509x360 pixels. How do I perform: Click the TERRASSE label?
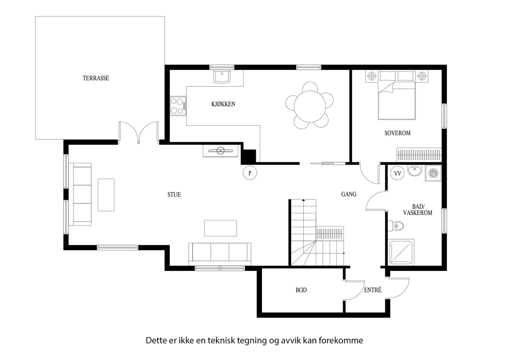pos(96,78)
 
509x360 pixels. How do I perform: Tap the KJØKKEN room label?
pos(223,104)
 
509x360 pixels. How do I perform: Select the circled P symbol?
pos(250,173)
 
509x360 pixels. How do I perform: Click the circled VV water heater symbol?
pos(397,174)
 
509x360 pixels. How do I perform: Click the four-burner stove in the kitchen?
pos(178,106)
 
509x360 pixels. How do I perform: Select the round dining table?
pos(310,105)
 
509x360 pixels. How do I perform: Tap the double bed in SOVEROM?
pos(396,99)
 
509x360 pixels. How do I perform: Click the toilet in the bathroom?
pos(396,226)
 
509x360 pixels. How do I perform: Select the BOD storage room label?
pos(301,290)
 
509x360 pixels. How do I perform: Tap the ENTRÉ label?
pos(373,290)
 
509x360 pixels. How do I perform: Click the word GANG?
pos(349,194)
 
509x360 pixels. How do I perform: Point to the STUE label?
pos(174,195)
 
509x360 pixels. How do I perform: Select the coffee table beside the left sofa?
pos(106,195)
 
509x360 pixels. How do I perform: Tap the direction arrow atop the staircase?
pos(304,200)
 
